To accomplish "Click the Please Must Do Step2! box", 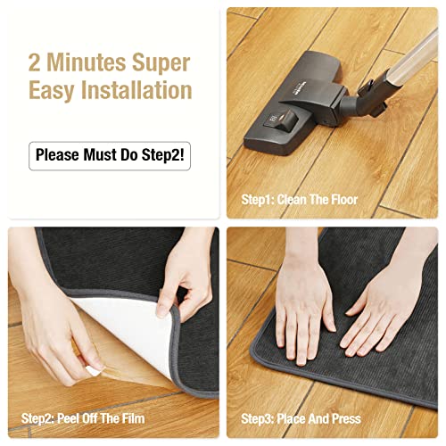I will [x=110, y=154].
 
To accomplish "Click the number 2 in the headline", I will [x=36, y=63].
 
